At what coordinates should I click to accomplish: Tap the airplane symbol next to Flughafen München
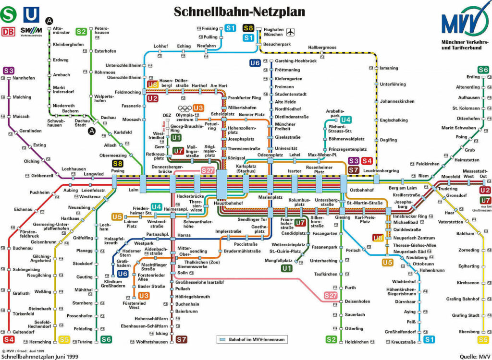[x=290, y=33]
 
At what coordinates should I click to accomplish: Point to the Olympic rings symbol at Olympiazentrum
[x=184, y=108]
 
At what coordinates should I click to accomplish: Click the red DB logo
[x=8, y=32]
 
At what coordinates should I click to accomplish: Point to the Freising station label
[x=209, y=28]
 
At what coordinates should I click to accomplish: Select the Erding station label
[x=473, y=77]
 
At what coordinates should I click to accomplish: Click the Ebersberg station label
[x=469, y=331]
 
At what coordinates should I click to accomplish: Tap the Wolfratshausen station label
[x=151, y=342]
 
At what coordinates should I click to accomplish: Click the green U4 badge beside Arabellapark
[x=345, y=120]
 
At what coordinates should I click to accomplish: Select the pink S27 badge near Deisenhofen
[x=331, y=296]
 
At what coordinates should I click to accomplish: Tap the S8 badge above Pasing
[x=118, y=164]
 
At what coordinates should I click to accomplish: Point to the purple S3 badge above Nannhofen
[x=9, y=71]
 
